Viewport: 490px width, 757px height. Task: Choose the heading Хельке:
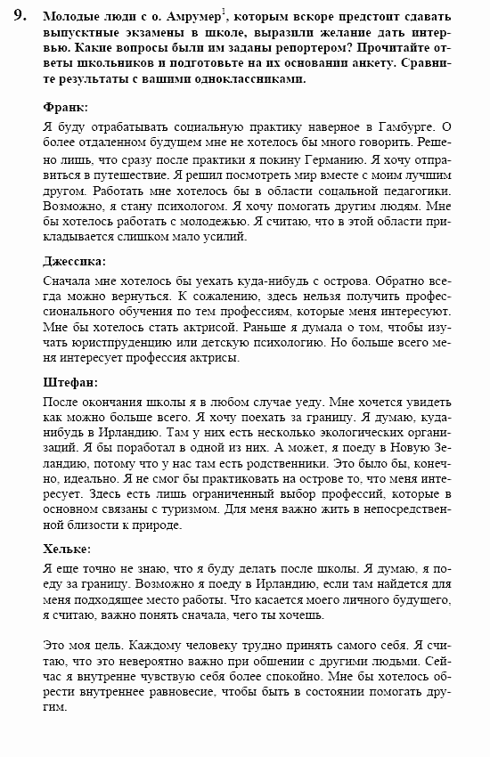[67, 549]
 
